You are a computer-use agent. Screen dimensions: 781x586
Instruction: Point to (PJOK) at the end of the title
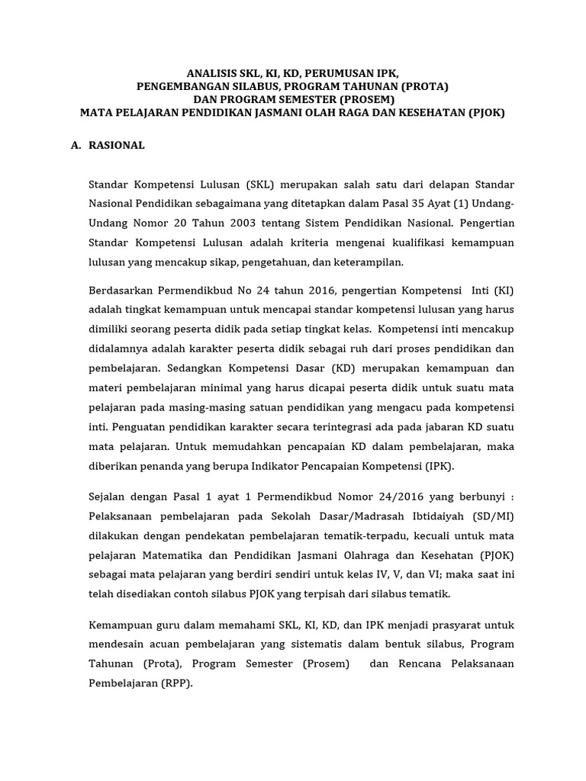488,112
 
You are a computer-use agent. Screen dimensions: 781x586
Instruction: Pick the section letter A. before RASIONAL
76,145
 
